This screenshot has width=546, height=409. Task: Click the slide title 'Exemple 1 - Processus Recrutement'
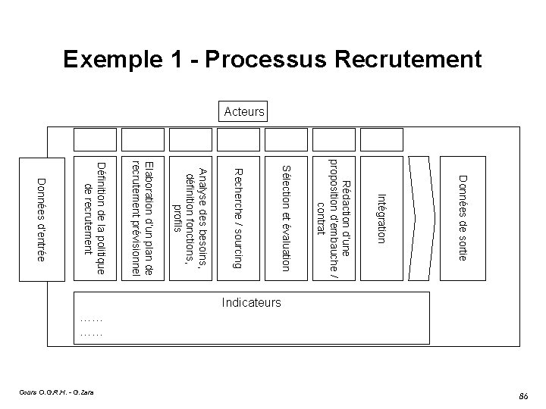(x=272, y=58)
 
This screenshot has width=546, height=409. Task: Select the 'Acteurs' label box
(x=243, y=112)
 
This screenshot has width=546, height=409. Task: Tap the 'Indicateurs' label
(x=251, y=303)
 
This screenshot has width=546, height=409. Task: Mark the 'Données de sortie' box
(x=461, y=218)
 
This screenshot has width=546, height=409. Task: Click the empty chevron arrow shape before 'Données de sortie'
(x=422, y=218)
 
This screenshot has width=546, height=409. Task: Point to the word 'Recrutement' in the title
(x=403, y=58)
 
